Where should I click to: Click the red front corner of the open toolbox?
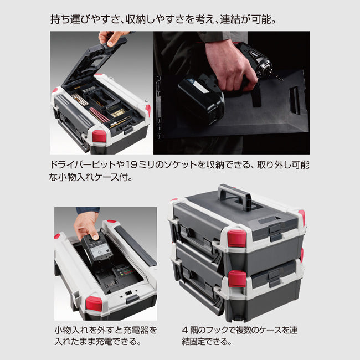tap(99, 136)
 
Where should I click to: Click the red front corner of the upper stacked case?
tap(236, 238)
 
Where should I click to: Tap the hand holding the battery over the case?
tap(88, 224)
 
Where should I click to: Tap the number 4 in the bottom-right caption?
tap(184, 330)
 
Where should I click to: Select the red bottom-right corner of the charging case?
tap(94, 304)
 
